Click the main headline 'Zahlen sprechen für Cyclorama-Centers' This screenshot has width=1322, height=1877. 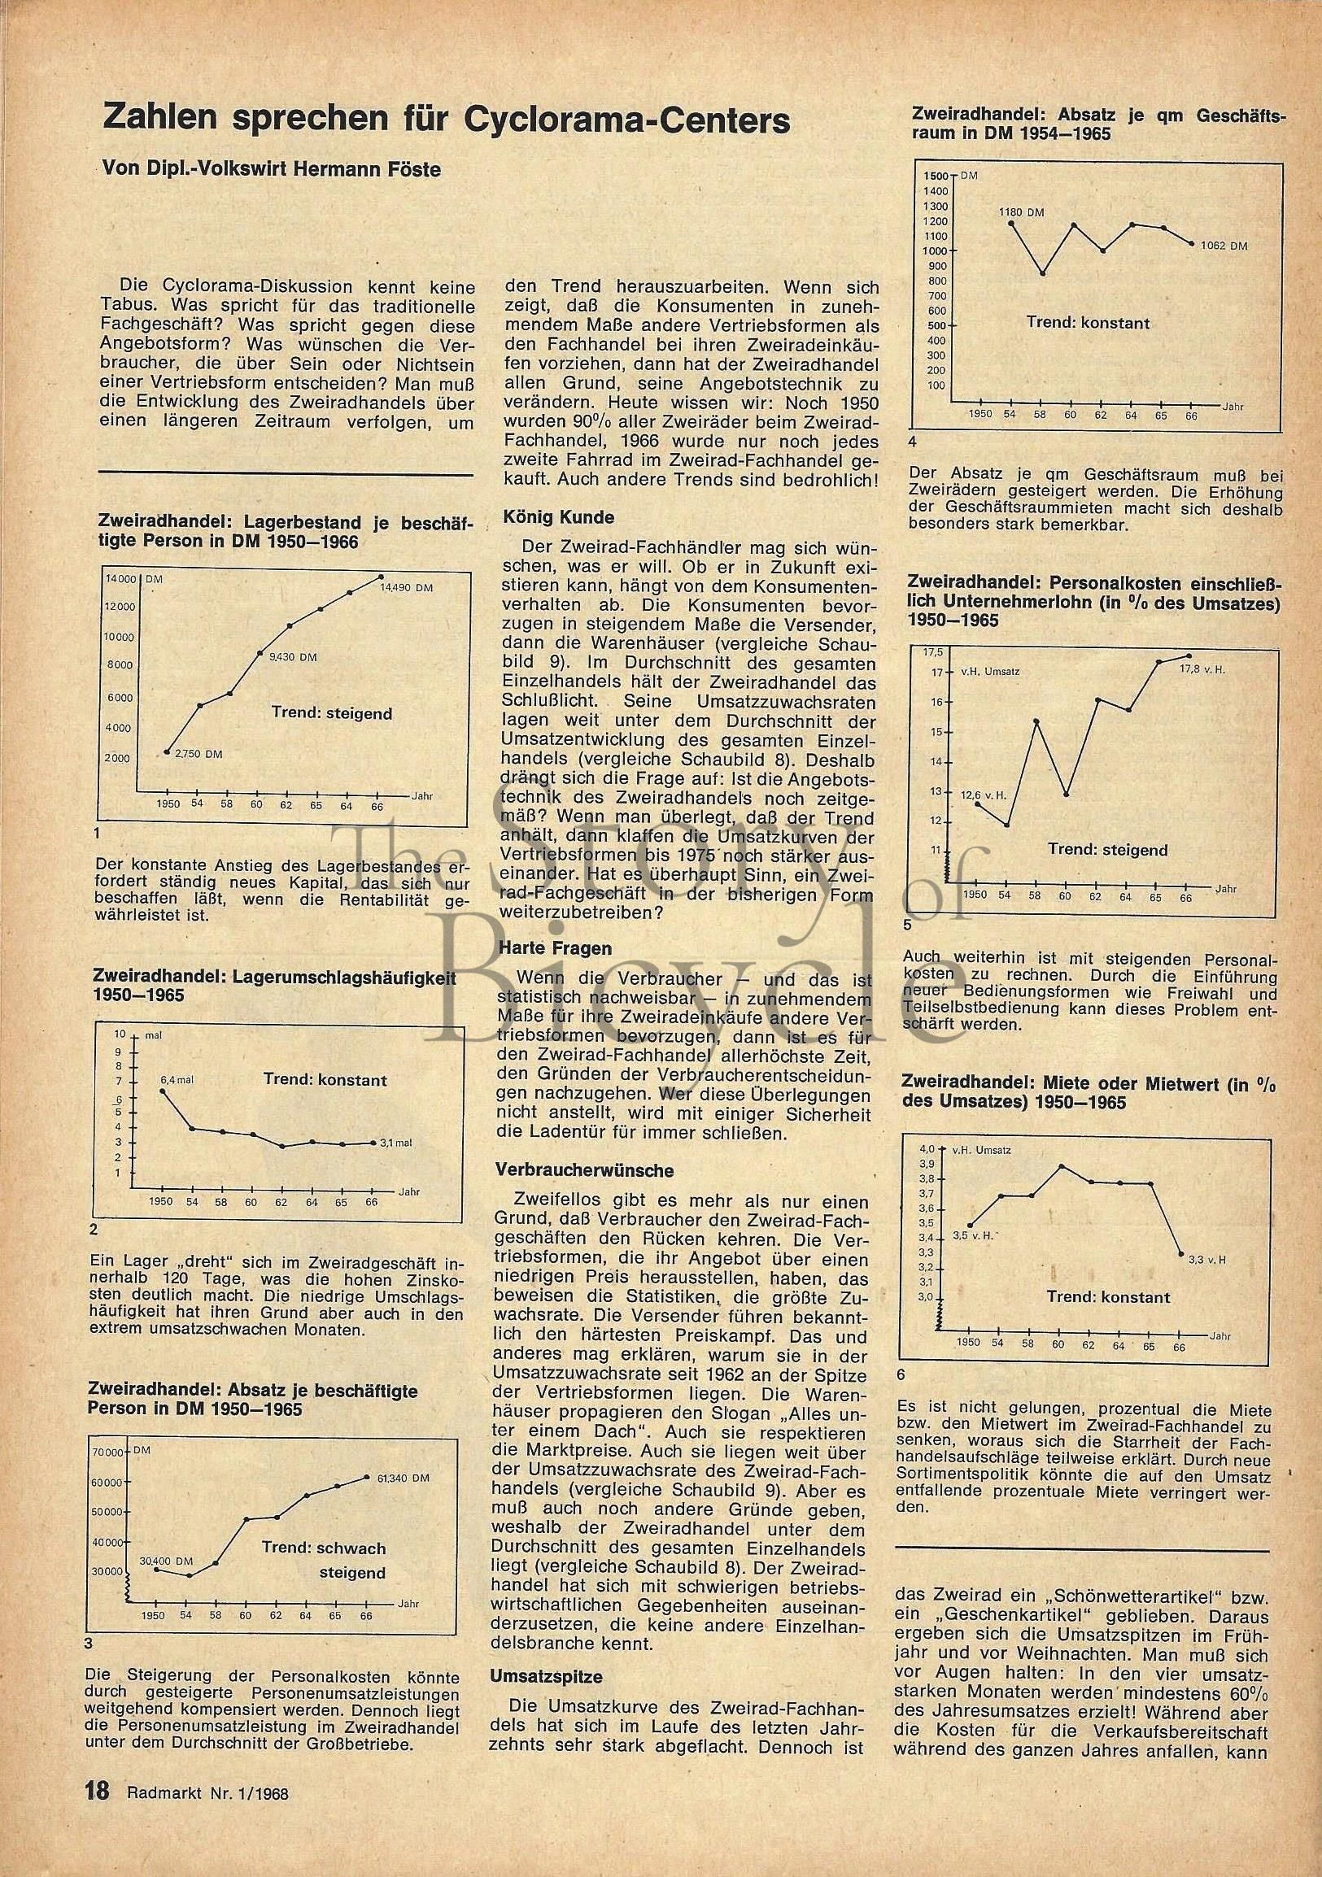tap(445, 120)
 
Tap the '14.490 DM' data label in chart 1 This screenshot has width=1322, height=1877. tap(406, 587)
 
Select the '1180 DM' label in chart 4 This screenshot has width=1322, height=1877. tap(1021, 212)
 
